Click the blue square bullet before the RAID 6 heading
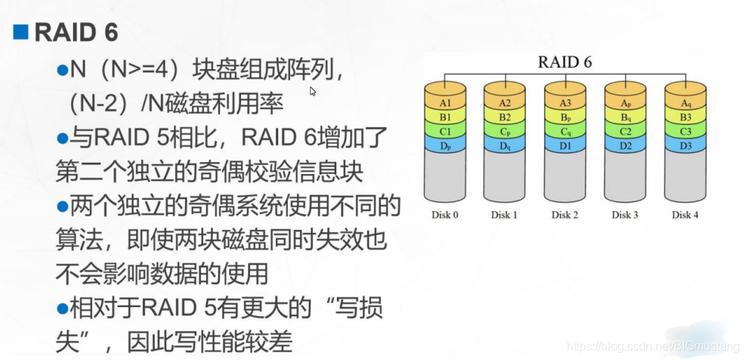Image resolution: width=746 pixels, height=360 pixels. [x=20, y=31]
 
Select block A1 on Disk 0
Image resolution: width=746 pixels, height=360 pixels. [x=444, y=103]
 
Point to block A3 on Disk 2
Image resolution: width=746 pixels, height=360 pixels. [x=565, y=103]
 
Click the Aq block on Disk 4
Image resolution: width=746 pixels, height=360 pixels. [x=685, y=103]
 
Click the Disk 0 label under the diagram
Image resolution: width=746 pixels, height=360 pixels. [x=444, y=215]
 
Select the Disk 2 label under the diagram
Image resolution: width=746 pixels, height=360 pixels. [x=565, y=215]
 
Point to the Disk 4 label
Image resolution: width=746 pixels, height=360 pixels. [x=685, y=215]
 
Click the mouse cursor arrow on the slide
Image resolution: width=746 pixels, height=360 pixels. [x=313, y=91]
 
